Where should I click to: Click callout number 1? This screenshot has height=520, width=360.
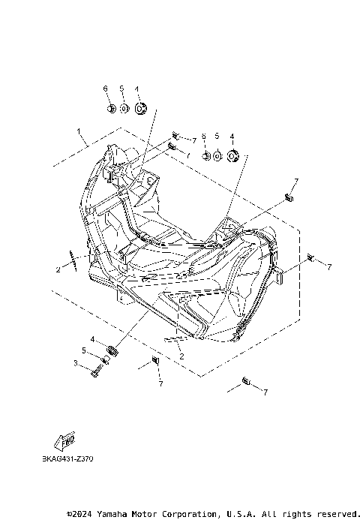[79, 131]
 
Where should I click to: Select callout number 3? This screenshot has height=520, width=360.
[76, 363]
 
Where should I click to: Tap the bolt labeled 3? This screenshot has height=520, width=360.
[96, 371]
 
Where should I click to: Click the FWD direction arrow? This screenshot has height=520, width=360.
[64, 441]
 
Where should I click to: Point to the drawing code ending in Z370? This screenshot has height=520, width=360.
[67, 459]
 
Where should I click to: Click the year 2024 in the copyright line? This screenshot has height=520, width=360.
[81, 514]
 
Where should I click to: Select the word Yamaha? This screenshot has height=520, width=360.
[112, 514]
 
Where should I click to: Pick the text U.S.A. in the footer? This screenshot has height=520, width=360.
[241, 514]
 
